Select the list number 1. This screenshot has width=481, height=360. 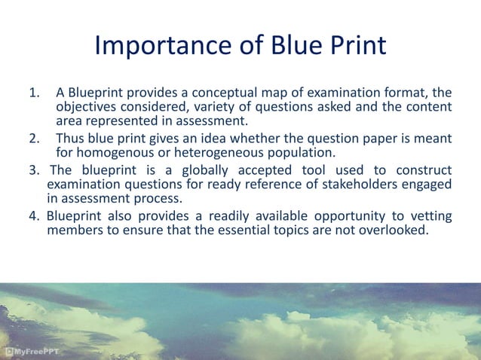click(33, 93)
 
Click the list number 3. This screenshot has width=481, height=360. click(34, 170)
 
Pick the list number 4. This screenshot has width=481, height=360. click(34, 217)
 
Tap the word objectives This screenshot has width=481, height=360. click(87, 108)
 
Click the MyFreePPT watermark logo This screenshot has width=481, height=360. click(35, 351)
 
